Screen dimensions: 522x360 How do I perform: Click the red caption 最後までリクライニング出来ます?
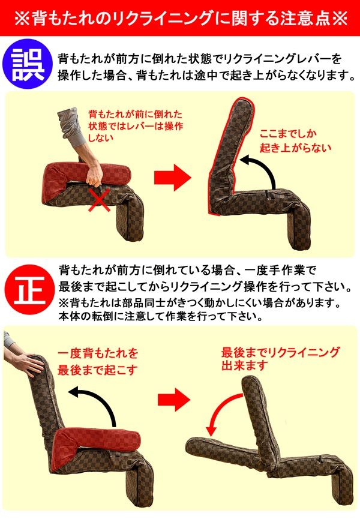pyautogui.click(x=280, y=358)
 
